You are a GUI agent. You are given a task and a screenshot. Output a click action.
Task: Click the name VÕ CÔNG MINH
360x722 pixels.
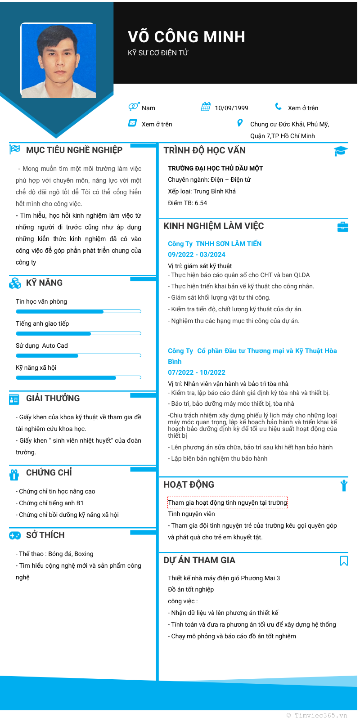click(x=186, y=37)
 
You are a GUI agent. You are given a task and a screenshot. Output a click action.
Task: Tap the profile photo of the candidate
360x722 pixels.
click(x=58, y=61)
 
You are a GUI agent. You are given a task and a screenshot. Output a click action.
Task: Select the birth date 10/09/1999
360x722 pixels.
click(x=231, y=108)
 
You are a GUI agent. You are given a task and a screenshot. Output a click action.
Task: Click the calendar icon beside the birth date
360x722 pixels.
click(x=206, y=107)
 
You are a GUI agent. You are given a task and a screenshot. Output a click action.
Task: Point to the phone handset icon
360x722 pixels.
click(x=279, y=107)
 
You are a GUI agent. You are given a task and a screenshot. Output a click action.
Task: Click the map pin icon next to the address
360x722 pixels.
click(x=240, y=123)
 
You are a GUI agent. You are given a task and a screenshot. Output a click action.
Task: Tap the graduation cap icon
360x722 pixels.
click(x=341, y=151)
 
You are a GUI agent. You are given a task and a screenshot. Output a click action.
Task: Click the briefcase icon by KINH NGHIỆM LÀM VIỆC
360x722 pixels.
click(x=342, y=227)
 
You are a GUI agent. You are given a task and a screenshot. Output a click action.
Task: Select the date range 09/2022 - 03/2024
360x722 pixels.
click(x=197, y=255)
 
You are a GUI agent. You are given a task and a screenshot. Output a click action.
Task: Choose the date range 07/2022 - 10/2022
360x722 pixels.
click(x=197, y=372)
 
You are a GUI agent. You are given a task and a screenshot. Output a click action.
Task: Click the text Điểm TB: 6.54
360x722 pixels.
click(x=188, y=203)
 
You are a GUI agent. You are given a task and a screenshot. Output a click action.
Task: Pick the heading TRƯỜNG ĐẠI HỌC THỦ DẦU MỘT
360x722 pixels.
click(x=216, y=168)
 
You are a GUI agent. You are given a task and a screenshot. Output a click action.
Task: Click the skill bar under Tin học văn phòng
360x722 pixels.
click(x=78, y=311)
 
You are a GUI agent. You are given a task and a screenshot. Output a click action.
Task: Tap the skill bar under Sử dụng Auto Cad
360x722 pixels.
click(x=78, y=355)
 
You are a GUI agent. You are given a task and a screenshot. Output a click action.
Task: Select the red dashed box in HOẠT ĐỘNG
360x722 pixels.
click(x=227, y=502)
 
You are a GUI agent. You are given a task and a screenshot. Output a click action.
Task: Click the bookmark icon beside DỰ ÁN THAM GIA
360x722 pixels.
click(x=344, y=561)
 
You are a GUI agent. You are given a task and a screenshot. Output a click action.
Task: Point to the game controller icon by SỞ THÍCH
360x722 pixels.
click(x=15, y=535)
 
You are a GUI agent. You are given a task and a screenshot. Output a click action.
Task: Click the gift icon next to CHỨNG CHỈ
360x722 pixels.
click(x=14, y=474)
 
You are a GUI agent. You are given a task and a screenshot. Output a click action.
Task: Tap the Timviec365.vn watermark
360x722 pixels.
click(x=317, y=715)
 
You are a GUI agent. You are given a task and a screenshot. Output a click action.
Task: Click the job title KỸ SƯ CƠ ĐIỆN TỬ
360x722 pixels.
click(x=158, y=53)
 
